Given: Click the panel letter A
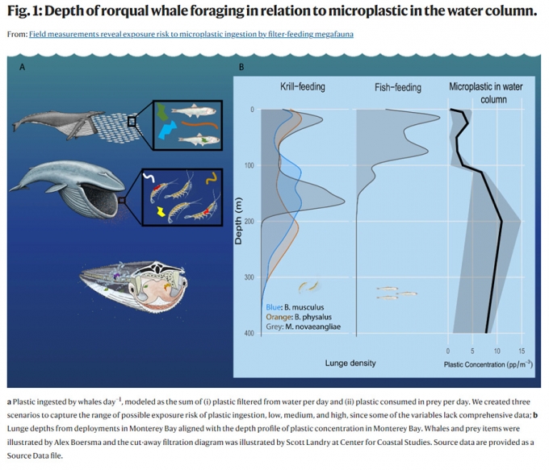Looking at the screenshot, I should [22, 68].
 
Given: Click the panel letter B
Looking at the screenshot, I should [241, 68].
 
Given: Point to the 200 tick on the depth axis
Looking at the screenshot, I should [249, 222].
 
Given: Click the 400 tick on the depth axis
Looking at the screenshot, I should [249, 333].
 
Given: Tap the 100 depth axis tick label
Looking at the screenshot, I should [249, 165].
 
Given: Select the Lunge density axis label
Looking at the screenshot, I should [350, 363].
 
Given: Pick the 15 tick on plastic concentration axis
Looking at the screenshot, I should [522, 351].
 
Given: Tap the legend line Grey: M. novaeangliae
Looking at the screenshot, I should [303, 326].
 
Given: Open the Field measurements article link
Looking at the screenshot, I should [191, 35].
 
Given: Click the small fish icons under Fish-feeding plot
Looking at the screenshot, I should [396, 293].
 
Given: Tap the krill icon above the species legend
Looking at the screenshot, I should [308, 286].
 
